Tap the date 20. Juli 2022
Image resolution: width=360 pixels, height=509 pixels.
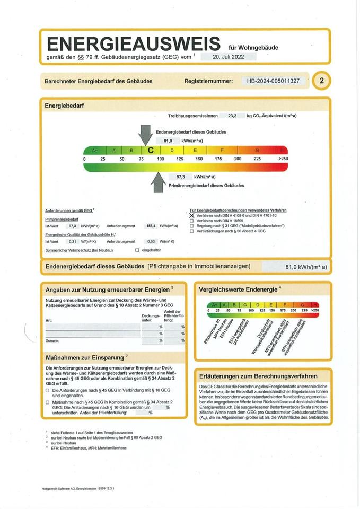tap(228, 56)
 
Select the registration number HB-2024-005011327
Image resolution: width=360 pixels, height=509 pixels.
tap(273, 81)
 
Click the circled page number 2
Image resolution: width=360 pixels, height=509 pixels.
tap(321, 81)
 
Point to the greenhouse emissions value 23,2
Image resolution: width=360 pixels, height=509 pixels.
tap(232, 115)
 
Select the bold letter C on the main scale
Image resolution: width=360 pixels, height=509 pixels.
tap(151, 151)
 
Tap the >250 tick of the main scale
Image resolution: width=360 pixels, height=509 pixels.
tap(283, 159)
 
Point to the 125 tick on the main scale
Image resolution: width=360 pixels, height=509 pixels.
tap(180, 159)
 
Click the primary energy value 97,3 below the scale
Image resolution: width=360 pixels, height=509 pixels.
tap(180, 177)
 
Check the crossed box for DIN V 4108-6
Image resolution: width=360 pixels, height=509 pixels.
tap(192, 215)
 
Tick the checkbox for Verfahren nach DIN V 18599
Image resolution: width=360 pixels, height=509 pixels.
tap(192, 221)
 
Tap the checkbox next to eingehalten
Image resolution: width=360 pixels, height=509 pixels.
tap(137, 250)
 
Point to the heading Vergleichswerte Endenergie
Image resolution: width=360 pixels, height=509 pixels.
tap(238, 289)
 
